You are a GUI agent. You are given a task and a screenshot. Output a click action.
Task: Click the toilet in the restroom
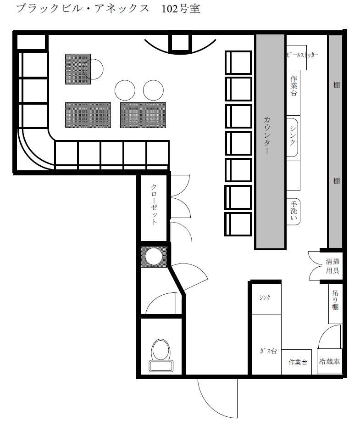click(x=161, y=355)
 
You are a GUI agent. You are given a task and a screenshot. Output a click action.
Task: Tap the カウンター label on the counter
click(x=266, y=135)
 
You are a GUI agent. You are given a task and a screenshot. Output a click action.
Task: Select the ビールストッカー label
click(x=302, y=55)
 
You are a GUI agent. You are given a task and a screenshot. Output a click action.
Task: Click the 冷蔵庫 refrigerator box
click(x=329, y=361)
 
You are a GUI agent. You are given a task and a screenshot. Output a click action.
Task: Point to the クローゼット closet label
click(x=154, y=204)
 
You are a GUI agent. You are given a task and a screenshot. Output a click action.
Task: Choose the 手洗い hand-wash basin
click(x=294, y=211)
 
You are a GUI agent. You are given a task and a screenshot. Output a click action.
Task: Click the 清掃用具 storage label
click(x=332, y=266)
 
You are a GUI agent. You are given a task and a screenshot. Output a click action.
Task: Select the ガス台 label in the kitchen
click(x=268, y=351)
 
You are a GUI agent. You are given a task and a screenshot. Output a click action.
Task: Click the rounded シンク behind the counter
click(x=292, y=137)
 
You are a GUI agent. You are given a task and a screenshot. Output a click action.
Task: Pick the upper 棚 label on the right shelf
click(x=336, y=85)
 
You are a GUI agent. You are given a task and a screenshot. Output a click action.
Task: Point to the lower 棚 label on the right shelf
click(x=336, y=181)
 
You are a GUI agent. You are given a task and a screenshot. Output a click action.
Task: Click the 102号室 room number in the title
click(x=181, y=9)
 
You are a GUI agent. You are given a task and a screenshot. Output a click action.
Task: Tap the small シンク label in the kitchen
click(x=265, y=298)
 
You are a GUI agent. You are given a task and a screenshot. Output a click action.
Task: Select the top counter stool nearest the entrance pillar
click(x=238, y=62)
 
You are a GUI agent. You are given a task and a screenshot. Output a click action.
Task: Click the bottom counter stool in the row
click(x=238, y=224)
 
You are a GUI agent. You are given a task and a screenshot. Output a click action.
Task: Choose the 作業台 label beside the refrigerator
click(x=298, y=362)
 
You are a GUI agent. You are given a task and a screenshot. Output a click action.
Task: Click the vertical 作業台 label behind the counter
click(x=294, y=86)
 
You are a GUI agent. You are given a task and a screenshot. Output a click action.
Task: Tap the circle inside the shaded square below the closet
click(x=154, y=257)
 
